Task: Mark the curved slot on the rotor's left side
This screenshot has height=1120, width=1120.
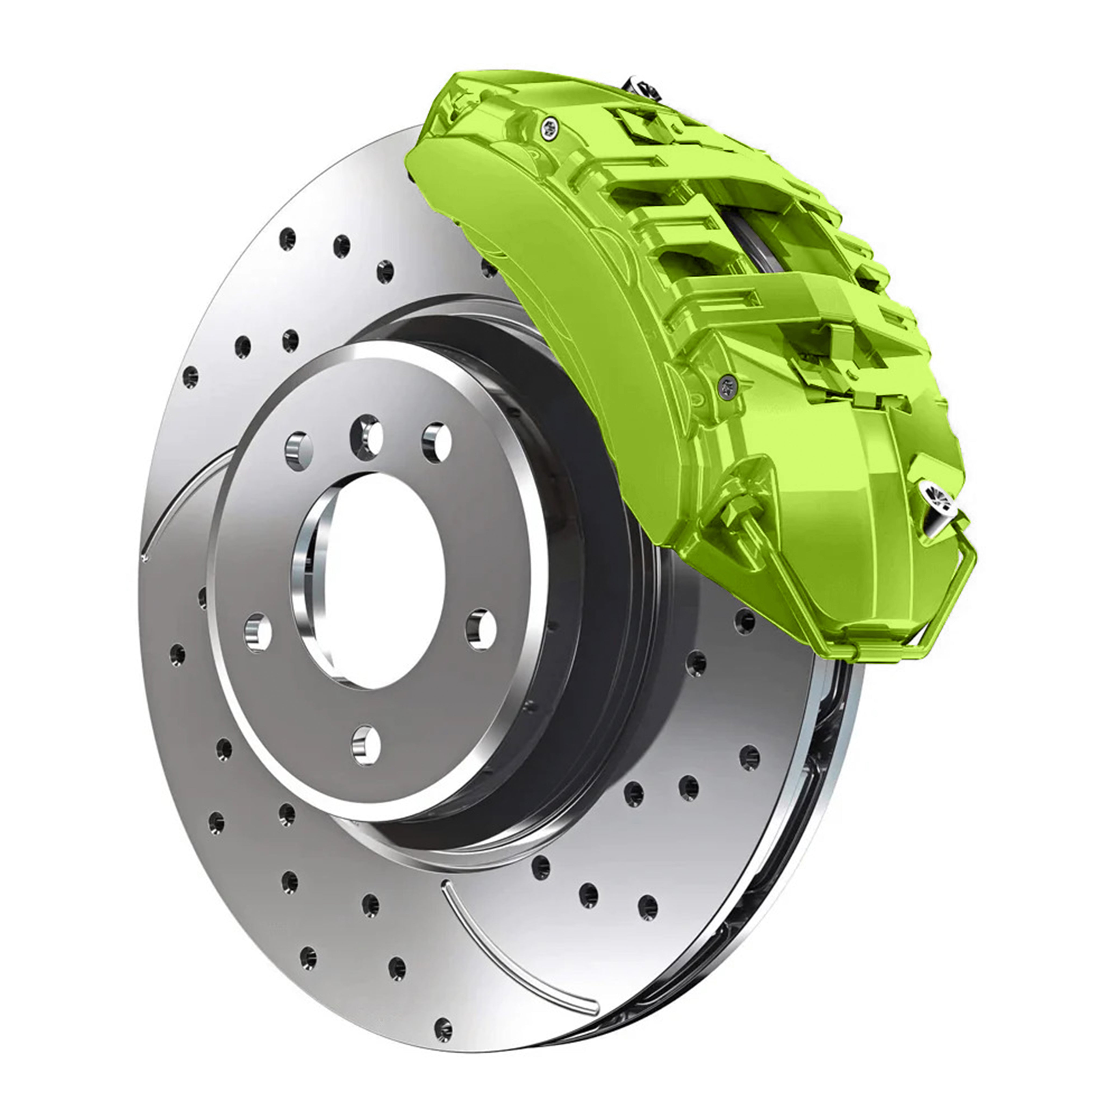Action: (x=174, y=499)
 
